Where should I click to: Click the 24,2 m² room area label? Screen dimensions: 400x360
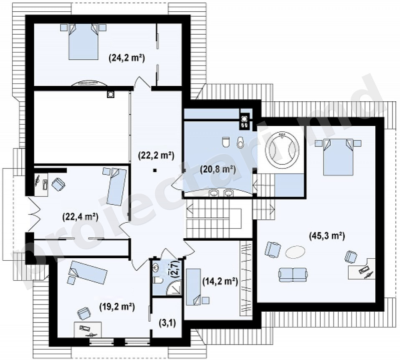pos(127,58)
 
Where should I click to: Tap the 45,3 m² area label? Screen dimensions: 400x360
pos(327,236)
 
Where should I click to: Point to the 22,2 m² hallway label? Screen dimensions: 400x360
pos(156,155)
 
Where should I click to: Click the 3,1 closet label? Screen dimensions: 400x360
pos(167,323)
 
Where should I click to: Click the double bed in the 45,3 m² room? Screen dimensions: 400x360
pos(338,157)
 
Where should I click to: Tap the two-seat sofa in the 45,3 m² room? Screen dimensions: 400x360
pos(293,274)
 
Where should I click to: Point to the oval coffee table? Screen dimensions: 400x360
pos(295,252)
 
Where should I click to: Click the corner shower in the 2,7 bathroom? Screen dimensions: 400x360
pos(174,288)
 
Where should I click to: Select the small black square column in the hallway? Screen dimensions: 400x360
pos(154,171)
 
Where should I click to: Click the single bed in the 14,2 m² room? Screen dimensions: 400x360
pos(193,287)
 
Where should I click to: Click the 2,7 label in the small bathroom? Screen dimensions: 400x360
pos(175,268)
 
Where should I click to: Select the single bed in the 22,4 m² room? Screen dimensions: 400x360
pos(117,186)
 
